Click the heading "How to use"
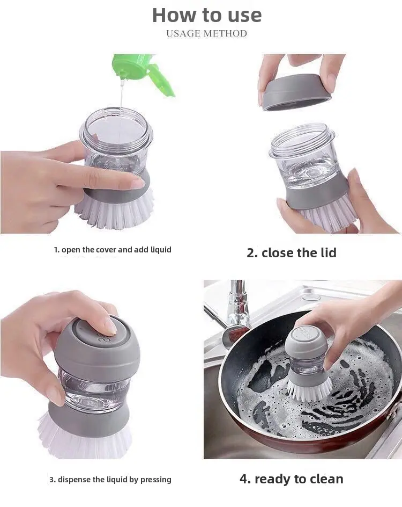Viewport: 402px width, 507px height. click(207, 15)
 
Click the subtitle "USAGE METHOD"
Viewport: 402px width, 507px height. click(207, 33)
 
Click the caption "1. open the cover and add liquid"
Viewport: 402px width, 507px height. click(113, 250)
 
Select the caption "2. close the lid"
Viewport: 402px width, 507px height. click(292, 253)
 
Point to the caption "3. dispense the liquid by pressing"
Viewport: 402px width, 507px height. click(110, 480)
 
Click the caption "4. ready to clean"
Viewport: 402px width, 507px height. click(292, 479)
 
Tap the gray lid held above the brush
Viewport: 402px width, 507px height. click(294, 92)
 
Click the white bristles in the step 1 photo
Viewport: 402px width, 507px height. click(115, 211)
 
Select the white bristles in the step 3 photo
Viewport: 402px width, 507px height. click(85, 437)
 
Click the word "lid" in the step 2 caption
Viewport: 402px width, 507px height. click(329, 253)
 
